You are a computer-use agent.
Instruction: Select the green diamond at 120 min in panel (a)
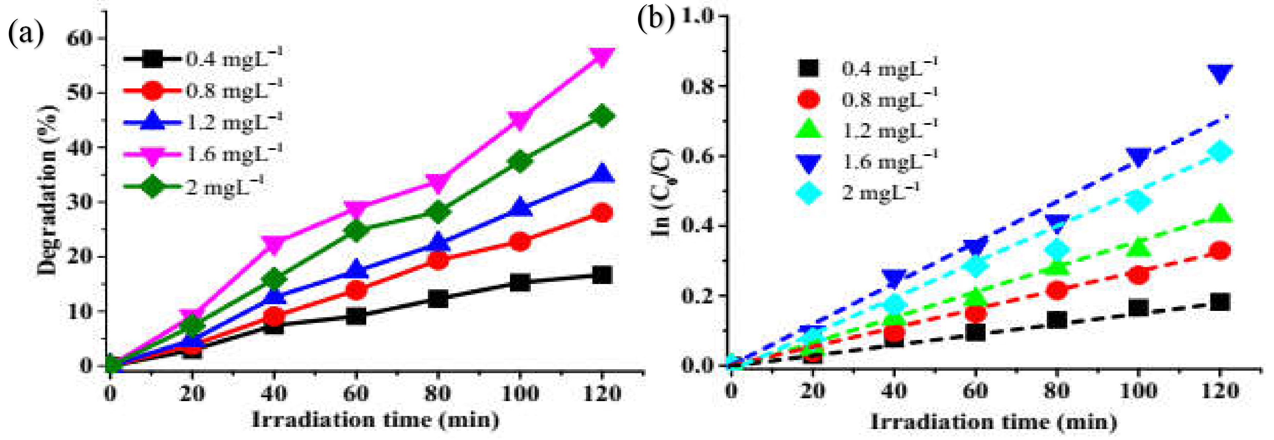click(602, 116)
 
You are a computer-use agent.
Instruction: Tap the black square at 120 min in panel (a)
click(602, 275)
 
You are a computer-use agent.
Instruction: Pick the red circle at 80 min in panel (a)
click(438, 260)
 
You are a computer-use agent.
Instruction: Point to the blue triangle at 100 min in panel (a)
click(520, 207)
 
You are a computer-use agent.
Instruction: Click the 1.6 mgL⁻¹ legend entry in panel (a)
click(203, 154)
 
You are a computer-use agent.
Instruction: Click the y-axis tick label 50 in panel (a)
click(79, 92)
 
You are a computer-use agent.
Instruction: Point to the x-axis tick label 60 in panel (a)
click(356, 394)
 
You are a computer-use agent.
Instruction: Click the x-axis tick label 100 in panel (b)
click(1138, 391)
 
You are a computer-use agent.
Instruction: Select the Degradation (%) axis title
click(48, 190)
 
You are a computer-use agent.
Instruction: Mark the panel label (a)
click(26, 34)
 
